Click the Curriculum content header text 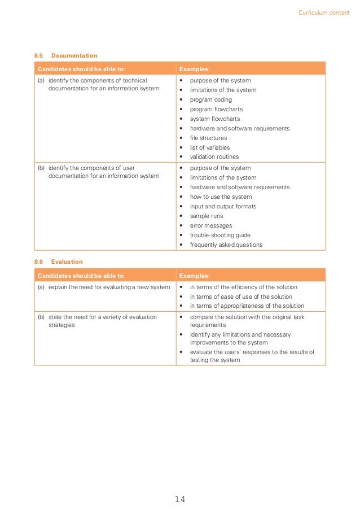[323, 12]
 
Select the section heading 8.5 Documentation [65, 56]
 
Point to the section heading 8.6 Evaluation [59, 262]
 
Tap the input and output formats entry [222, 207]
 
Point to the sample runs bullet [206, 216]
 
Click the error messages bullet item [210, 226]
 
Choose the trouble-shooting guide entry [219, 236]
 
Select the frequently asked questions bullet [226, 245]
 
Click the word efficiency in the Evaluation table [240, 287]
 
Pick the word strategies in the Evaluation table [62, 325]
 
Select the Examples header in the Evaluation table [194, 276]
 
